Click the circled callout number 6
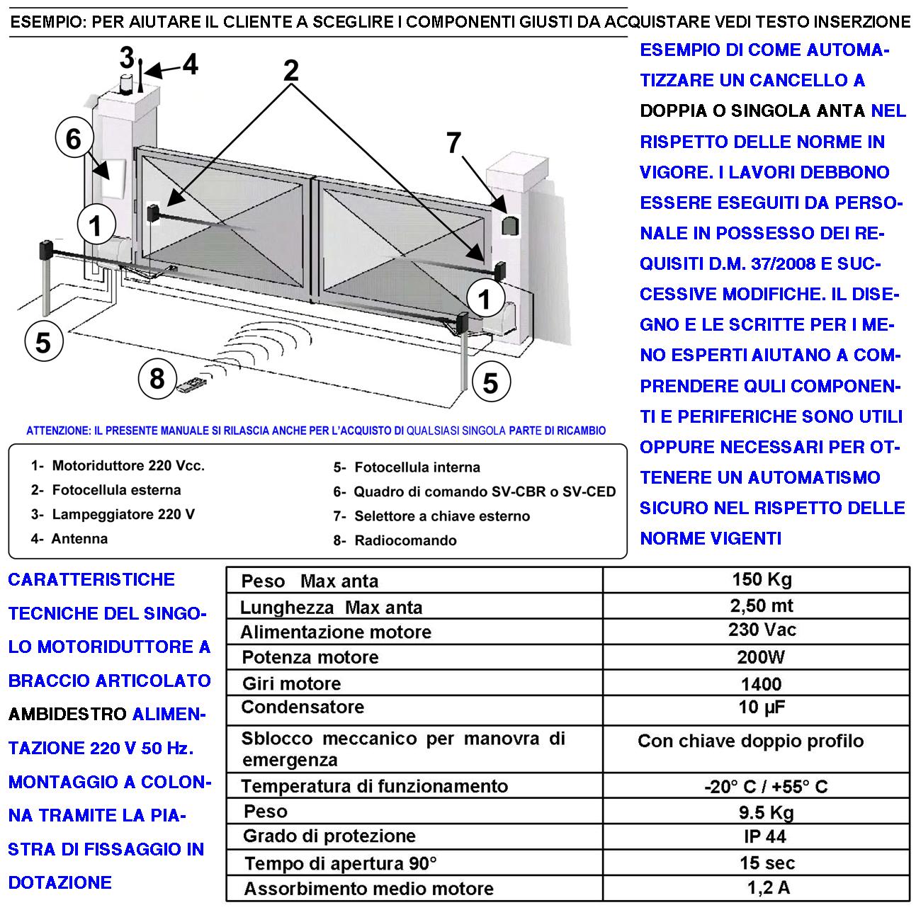[74, 139]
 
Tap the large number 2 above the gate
[290, 70]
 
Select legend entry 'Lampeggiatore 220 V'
[113, 514]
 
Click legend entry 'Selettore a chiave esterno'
[431, 516]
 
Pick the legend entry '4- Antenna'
[69, 539]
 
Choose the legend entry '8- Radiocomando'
[395, 540]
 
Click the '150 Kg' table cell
[762, 579]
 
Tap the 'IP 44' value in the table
[765, 836]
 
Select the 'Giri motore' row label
[291, 683]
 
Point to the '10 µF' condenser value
[761, 707]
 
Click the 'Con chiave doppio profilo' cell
[750, 741]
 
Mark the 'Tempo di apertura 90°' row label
[341, 863]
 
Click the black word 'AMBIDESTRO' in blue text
[67, 714]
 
